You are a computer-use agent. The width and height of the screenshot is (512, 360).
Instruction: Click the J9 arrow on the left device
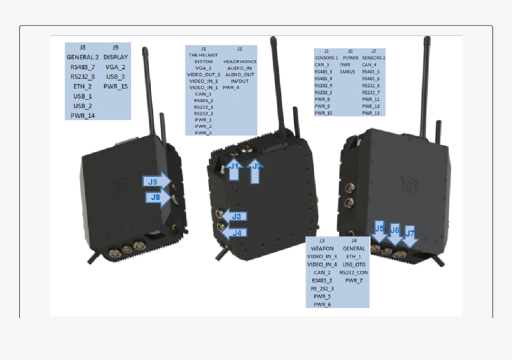point(155,181)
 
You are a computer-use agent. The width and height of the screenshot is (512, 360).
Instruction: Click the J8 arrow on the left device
point(157,197)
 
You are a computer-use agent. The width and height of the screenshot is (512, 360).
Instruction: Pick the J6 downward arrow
point(394,233)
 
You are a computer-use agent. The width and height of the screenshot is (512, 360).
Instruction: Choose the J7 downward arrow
point(410,235)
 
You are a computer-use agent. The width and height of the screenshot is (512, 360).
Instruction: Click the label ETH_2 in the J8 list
point(82,86)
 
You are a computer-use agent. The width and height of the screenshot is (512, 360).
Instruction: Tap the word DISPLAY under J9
point(115,57)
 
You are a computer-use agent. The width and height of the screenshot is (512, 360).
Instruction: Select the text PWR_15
point(115,86)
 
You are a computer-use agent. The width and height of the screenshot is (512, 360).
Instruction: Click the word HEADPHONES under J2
point(239,61)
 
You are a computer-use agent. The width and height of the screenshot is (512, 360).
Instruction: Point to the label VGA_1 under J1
point(203,68)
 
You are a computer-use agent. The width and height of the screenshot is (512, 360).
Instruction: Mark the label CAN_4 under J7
point(370,64)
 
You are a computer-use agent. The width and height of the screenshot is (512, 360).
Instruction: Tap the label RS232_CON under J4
point(354,272)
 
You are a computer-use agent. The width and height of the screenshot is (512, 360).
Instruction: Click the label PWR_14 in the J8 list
point(82,115)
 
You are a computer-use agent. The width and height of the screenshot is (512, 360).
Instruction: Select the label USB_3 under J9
point(115,77)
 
